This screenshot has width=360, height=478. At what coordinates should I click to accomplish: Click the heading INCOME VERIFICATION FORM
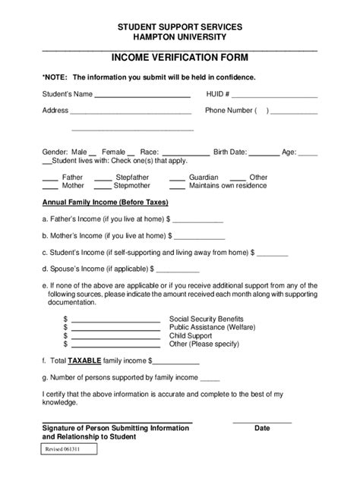pos(179,58)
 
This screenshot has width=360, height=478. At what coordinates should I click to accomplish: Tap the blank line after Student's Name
pos(141,96)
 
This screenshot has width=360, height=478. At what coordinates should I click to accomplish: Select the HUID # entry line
pos(274,96)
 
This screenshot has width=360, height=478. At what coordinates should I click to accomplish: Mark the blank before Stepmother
pos(103,186)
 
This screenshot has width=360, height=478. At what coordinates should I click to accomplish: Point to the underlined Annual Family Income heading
pos(105,203)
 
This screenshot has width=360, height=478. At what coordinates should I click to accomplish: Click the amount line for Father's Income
pos(198,220)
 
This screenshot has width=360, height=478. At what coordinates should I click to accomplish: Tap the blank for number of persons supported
pos(210,378)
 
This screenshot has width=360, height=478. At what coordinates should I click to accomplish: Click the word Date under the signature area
pos(262,428)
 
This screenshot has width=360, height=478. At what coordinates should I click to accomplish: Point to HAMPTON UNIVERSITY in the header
pos(179,37)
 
